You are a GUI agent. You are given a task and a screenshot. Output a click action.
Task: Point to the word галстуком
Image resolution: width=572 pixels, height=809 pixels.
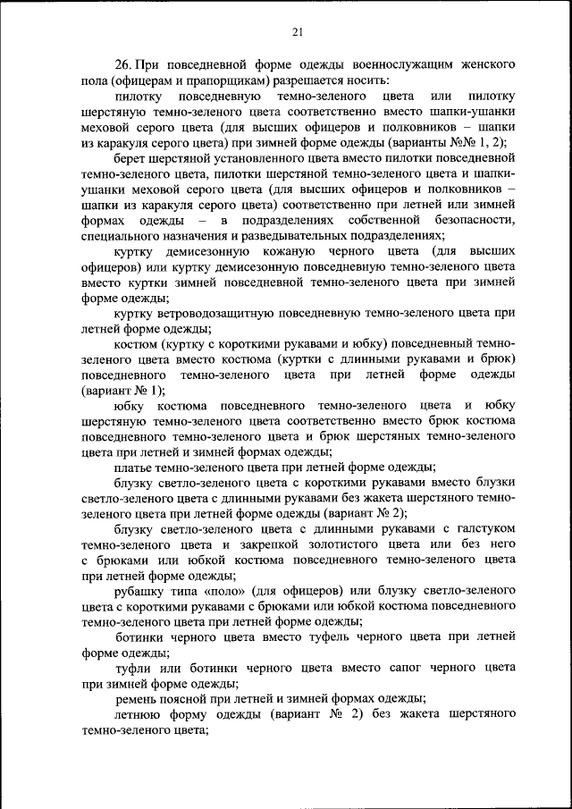pos(484,529)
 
